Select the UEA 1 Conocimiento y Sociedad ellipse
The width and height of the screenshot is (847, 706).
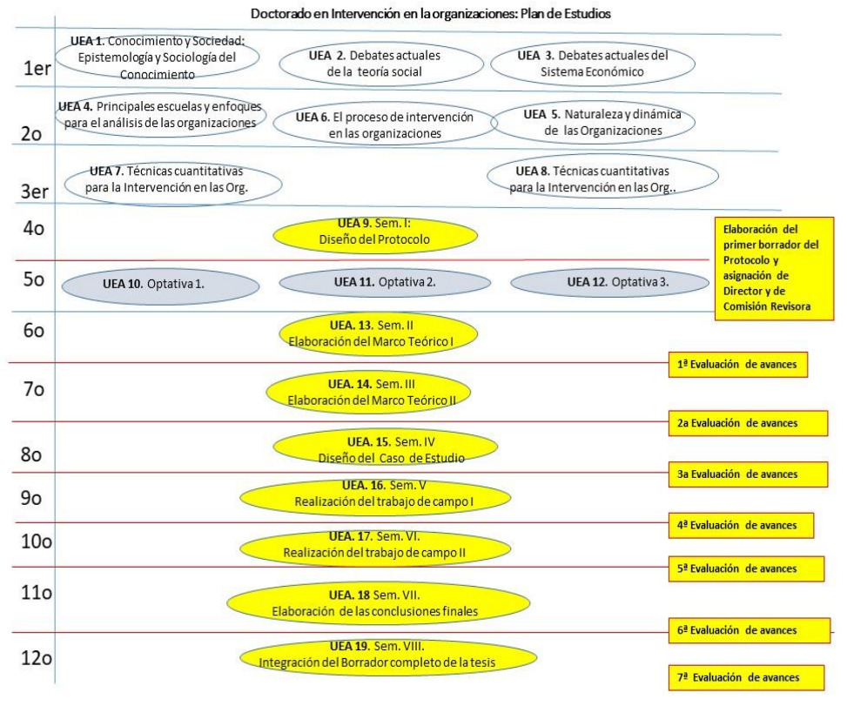point(158,57)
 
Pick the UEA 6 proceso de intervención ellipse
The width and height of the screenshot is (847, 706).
point(383,125)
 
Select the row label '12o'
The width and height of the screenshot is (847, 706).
point(37,659)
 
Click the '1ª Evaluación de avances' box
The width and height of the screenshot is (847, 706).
point(738,365)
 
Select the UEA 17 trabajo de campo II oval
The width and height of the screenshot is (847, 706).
point(374,545)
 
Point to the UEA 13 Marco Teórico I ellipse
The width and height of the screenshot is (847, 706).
point(378,333)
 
